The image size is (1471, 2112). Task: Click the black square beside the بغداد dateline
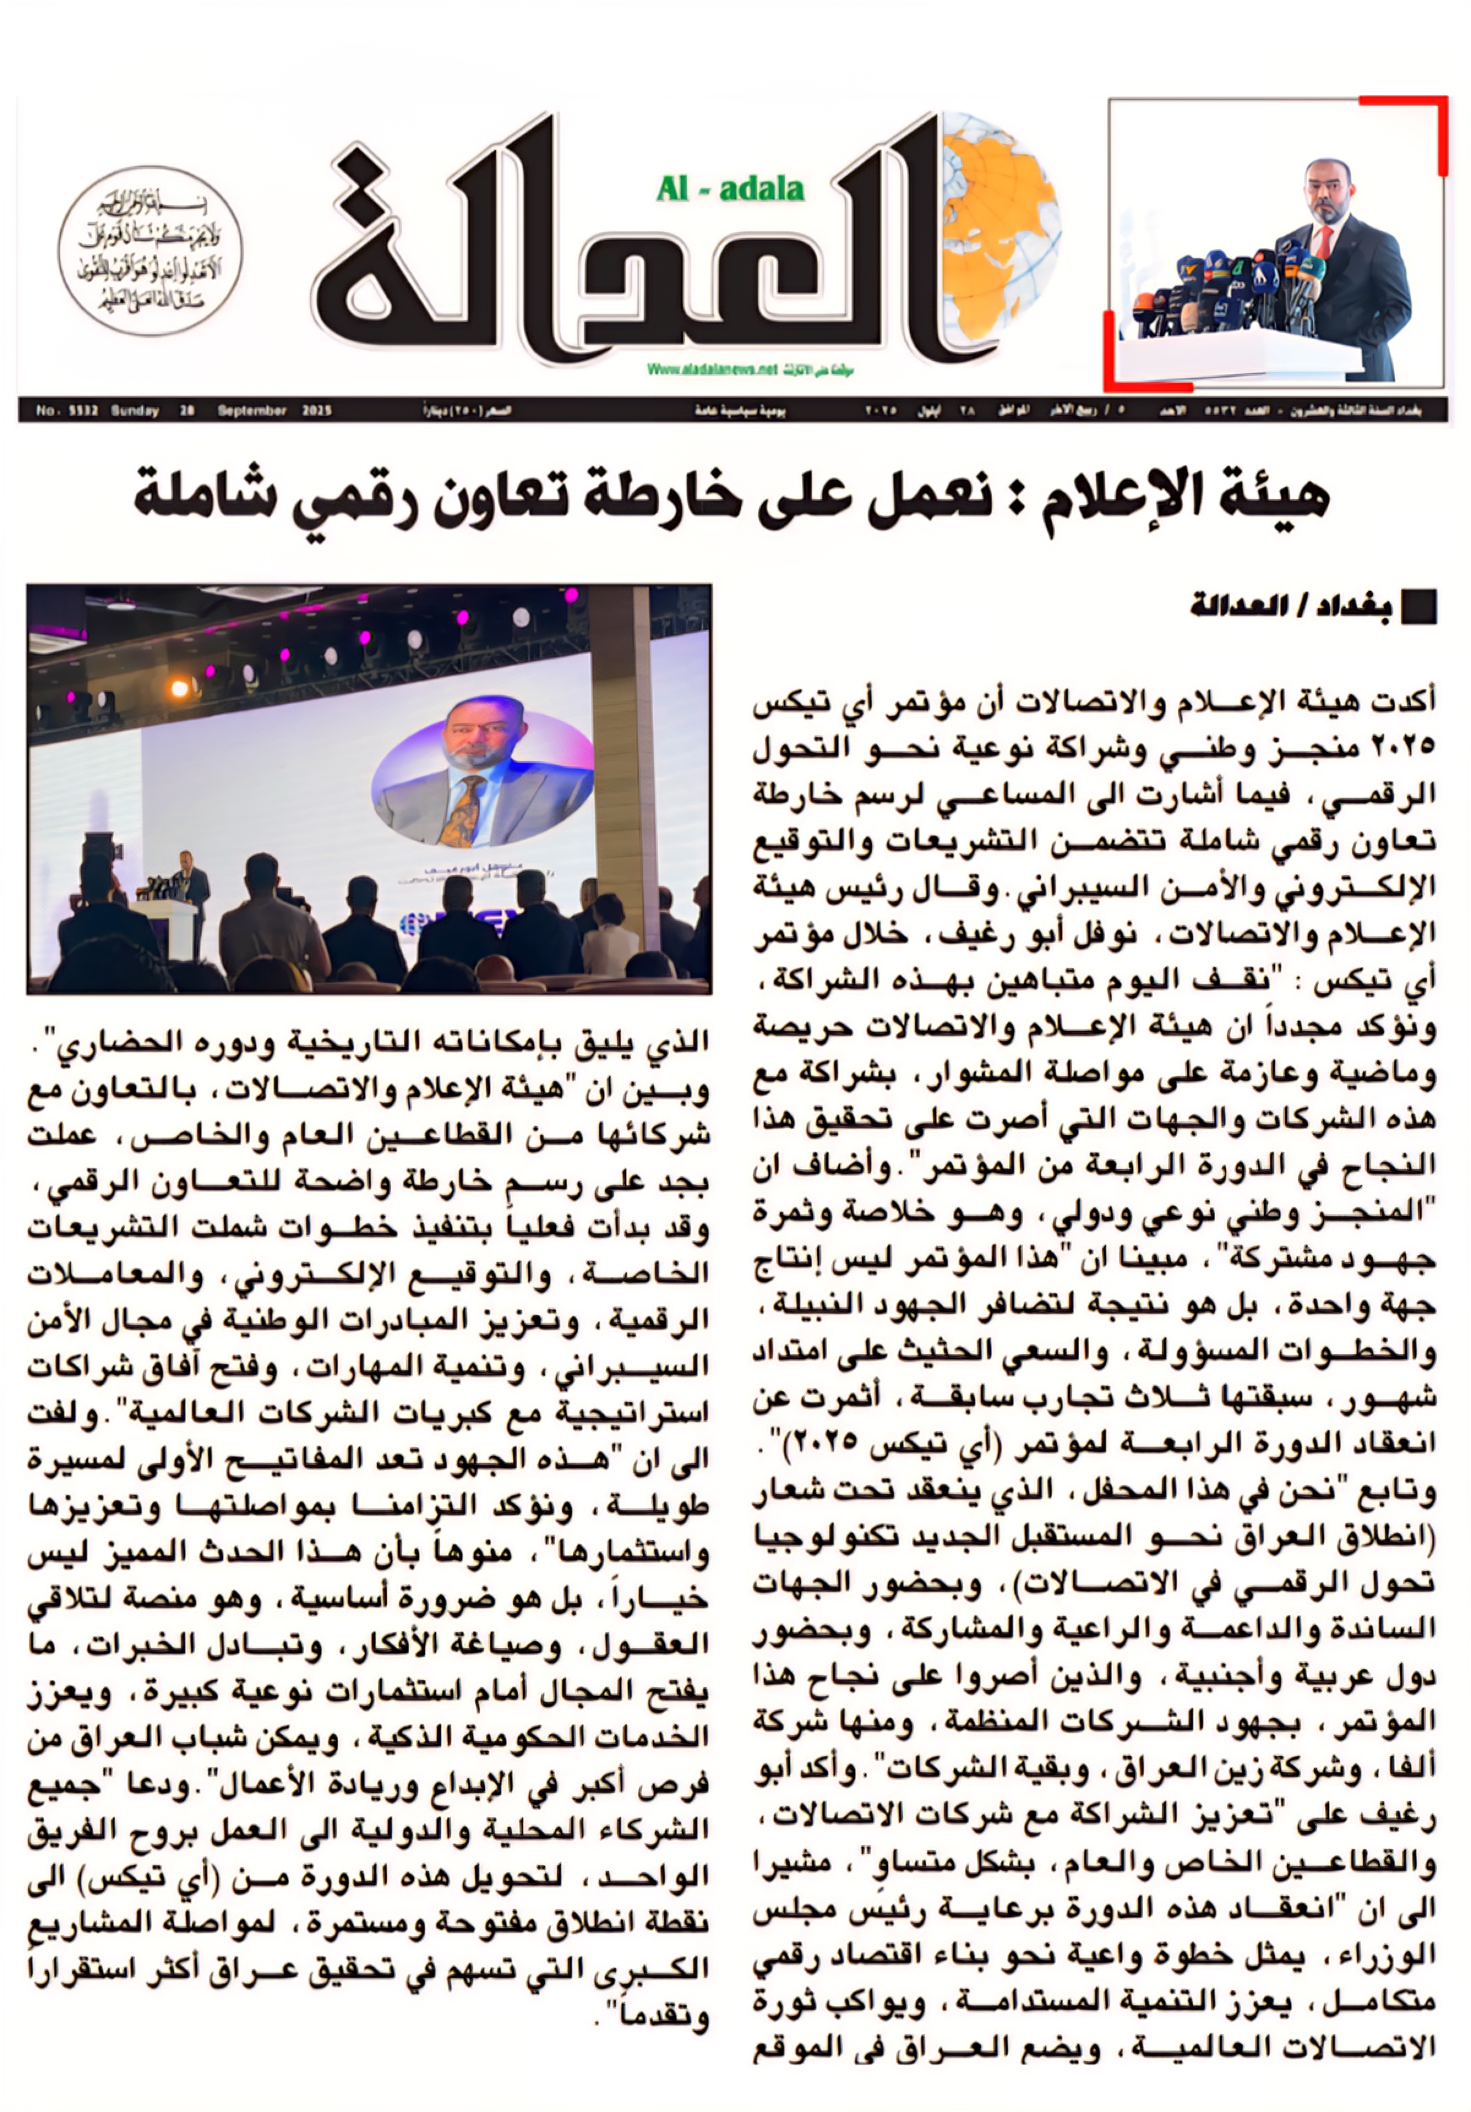point(1417,609)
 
